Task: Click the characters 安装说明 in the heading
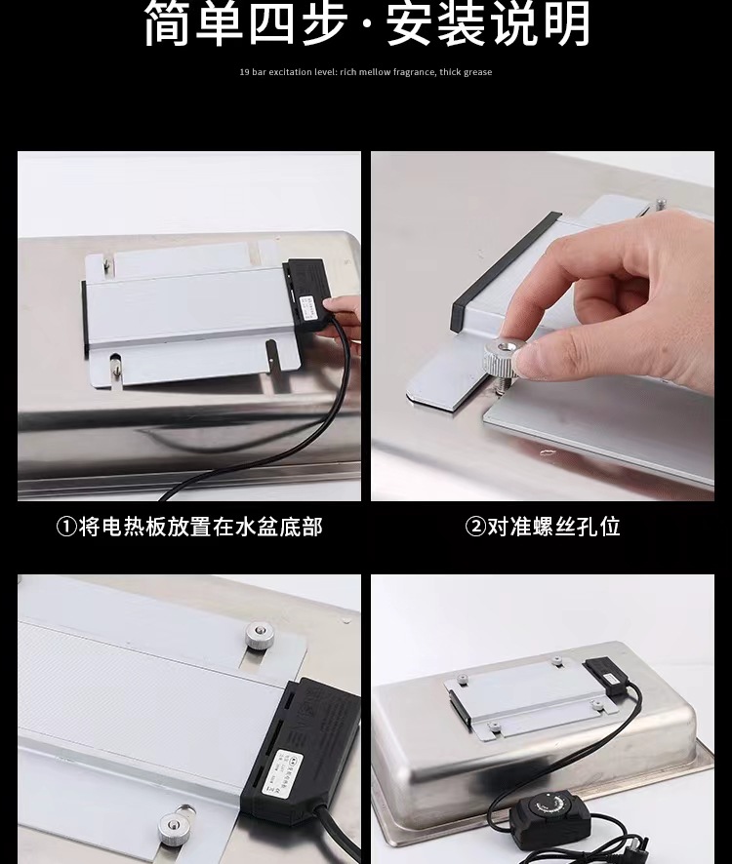[488, 24]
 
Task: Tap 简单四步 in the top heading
[245, 24]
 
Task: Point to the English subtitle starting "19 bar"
[366, 72]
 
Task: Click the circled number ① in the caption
[66, 528]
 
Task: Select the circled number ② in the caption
[475, 528]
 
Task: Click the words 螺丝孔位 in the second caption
[567, 528]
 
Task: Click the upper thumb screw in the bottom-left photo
[259, 637]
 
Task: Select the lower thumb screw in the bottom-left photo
[177, 825]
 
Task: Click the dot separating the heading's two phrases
[366, 26]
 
